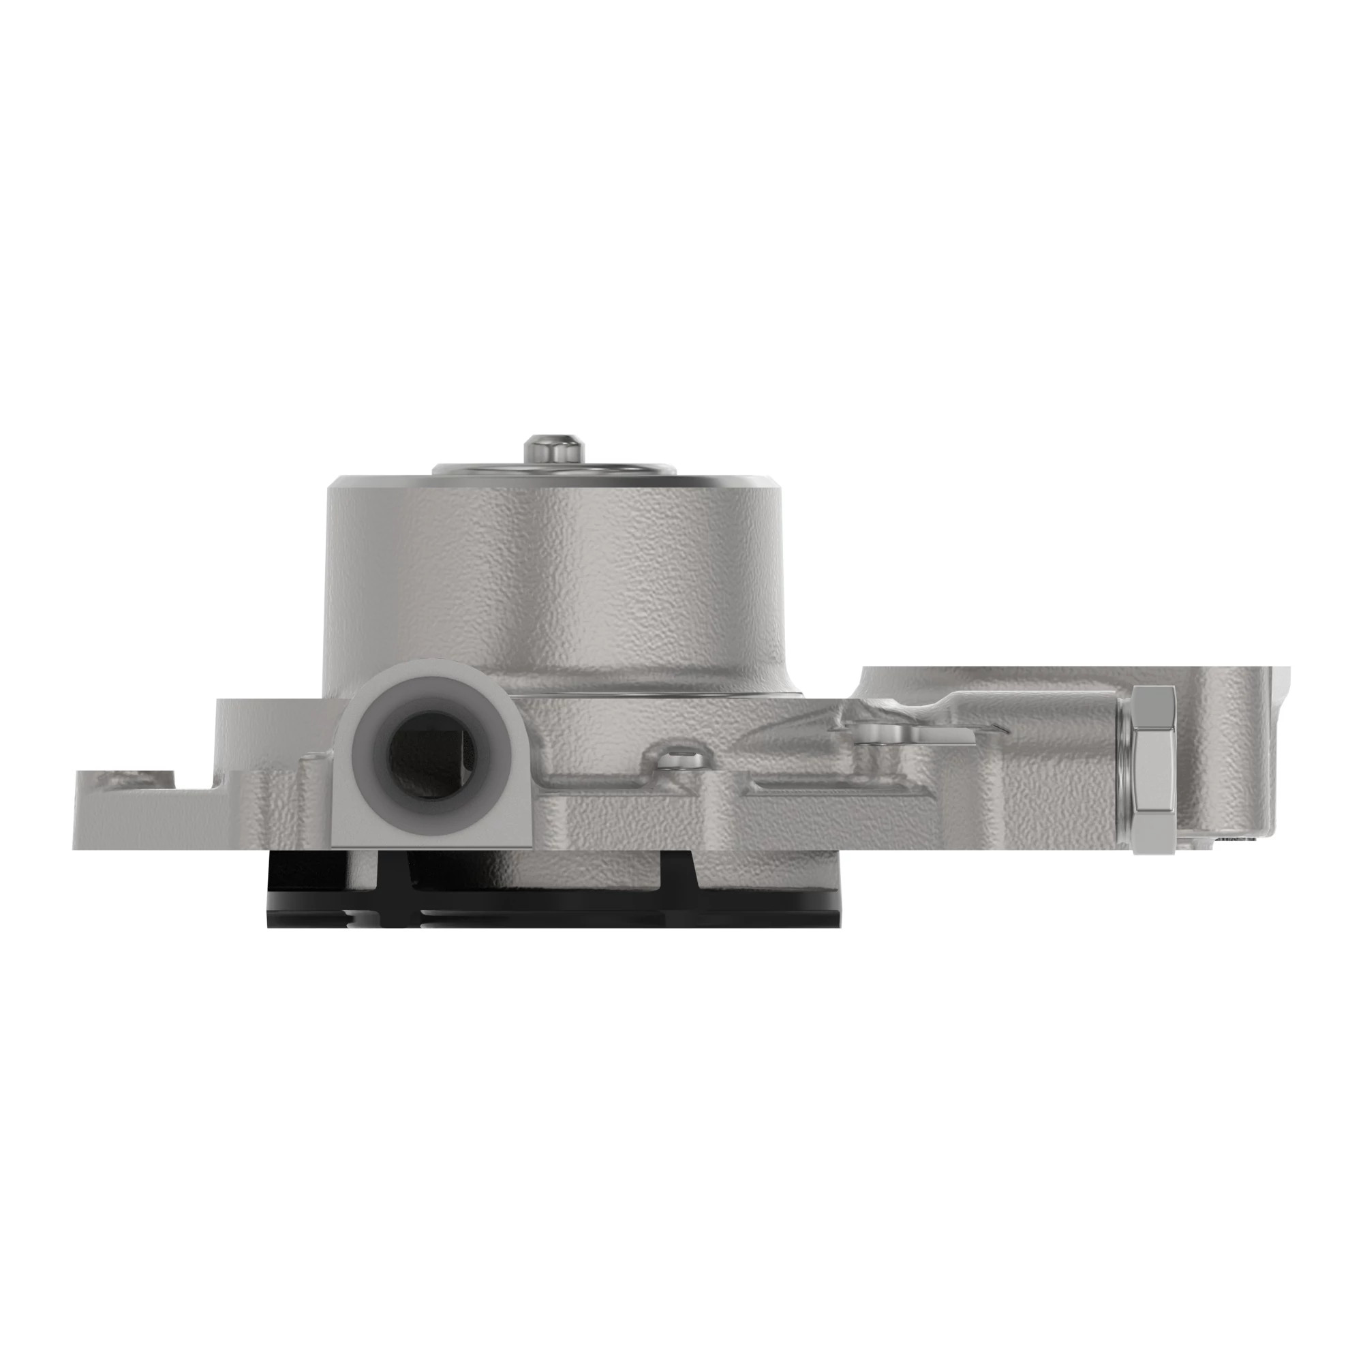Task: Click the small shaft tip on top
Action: click(554, 448)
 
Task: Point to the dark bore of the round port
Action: click(424, 761)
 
